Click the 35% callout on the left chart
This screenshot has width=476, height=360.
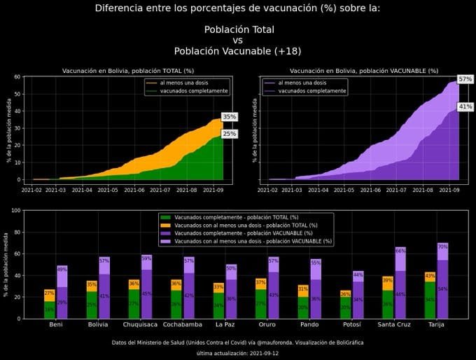229,117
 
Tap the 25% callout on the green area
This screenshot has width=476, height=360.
229,134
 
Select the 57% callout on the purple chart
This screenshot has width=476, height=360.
465,80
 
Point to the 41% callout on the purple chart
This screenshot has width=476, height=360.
465,106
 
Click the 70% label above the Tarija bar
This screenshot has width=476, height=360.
442,247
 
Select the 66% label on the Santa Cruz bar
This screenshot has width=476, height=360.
400,251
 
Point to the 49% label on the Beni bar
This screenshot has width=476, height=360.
62,270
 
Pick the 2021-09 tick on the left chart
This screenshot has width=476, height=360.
213,189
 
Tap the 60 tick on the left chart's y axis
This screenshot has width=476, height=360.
15,77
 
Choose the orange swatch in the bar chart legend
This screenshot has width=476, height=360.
165,225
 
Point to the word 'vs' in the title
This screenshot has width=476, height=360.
238,41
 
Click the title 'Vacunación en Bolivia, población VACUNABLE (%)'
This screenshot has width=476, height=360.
363,71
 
